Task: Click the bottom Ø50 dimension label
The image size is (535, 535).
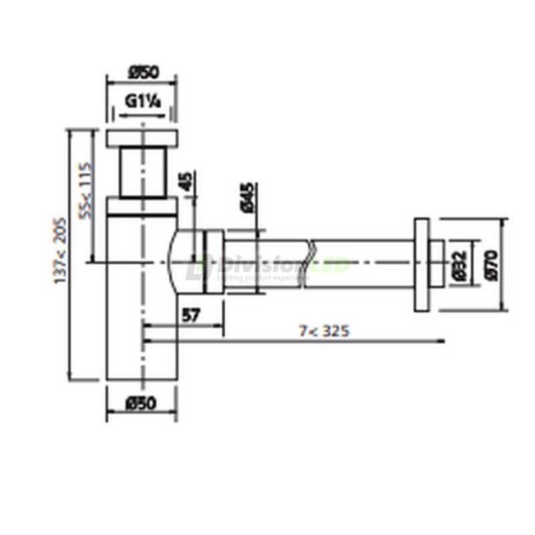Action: click(141, 403)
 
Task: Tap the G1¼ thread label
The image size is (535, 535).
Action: click(142, 102)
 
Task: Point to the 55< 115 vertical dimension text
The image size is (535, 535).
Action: click(85, 191)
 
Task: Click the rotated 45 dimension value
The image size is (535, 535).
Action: click(185, 181)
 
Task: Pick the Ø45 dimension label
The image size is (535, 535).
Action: click(245, 197)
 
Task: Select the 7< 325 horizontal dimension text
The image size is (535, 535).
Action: click(324, 330)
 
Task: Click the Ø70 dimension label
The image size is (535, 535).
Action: click(492, 263)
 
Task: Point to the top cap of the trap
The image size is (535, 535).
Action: click(142, 138)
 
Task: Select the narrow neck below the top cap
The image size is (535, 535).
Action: click(142, 172)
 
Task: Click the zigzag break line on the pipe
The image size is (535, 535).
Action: click(309, 263)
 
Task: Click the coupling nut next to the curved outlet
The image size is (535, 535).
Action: click(213, 262)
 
